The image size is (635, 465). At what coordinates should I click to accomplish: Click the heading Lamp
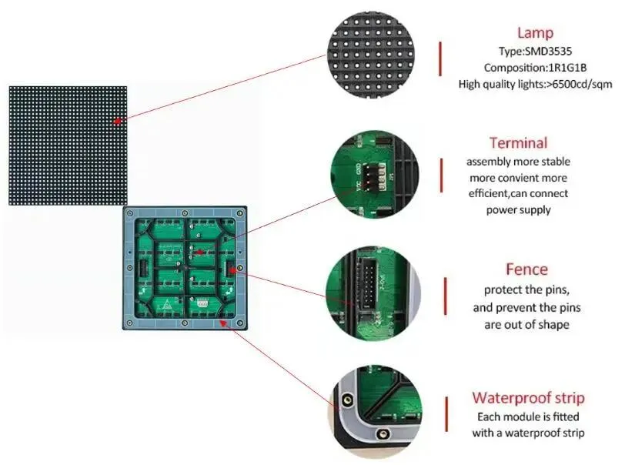click(x=535, y=32)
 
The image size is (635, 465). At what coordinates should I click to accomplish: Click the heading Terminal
click(x=518, y=142)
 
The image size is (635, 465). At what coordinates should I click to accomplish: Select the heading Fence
click(x=526, y=269)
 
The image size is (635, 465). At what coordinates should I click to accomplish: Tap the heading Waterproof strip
click(x=527, y=398)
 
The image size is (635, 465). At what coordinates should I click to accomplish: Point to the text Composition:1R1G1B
click(x=535, y=68)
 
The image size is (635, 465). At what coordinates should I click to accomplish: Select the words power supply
click(x=518, y=210)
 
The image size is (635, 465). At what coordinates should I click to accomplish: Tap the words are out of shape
click(x=527, y=324)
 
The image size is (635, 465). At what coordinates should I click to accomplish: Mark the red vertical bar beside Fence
click(x=445, y=296)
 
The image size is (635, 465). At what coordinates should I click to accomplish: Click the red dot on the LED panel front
click(x=117, y=121)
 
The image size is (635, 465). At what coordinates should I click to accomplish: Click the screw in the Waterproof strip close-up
click(x=346, y=400)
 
